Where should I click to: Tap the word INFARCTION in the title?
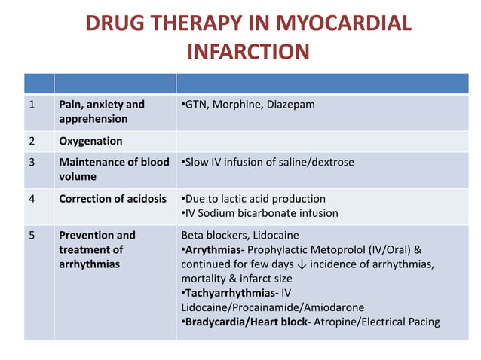247,52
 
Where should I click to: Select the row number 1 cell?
32,104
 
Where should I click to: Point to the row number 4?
32,199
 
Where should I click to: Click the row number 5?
32,235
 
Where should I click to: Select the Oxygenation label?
90,141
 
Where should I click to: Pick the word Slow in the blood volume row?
198,162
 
